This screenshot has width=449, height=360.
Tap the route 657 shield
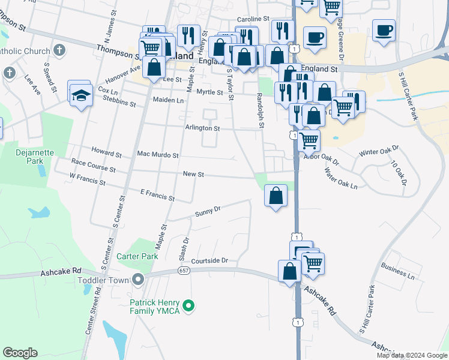[184, 271]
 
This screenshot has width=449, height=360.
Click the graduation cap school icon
[80, 95]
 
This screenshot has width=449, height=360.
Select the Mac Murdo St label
[158, 155]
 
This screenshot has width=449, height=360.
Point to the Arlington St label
[202, 128]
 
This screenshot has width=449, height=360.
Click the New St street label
[194, 174]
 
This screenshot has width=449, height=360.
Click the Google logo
[20, 353]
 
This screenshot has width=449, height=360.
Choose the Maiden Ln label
[168, 100]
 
